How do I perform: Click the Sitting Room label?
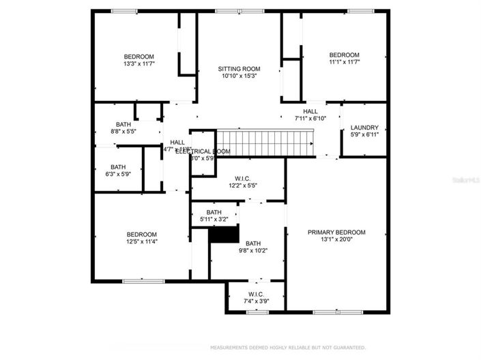tap(239, 69)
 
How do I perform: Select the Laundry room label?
tap(364, 127)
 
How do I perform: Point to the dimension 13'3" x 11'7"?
tap(139, 63)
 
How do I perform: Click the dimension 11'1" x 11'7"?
tap(344, 62)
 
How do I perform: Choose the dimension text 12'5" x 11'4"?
tap(141, 241)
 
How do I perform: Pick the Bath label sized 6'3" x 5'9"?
tap(118, 166)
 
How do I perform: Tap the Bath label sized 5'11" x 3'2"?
tap(214, 212)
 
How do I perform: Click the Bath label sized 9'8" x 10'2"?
tap(253, 243)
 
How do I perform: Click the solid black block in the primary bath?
tap(224, 235)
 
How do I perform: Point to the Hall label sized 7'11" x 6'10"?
tap(310, 111)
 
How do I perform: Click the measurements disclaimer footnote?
tap(287, 348)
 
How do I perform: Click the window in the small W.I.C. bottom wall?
tap(256, 312)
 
